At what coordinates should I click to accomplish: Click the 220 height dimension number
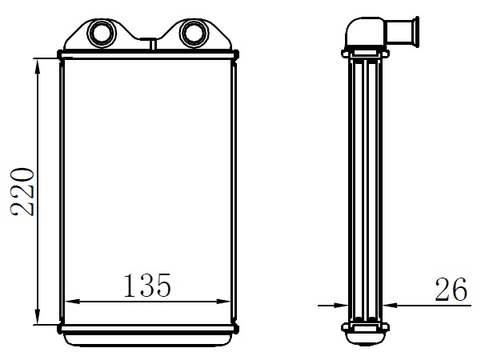click(22, 192)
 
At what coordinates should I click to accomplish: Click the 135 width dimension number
click(147, 285)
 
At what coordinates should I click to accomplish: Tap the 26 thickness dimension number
click(451, 289)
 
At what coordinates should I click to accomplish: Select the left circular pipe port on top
click(102, 33)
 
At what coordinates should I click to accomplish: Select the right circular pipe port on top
click(194, 33)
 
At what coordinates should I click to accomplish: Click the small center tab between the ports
click(153, 43)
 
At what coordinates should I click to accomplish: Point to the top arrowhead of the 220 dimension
click(38, 66)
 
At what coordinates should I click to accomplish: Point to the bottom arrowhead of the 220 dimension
click(38, 316)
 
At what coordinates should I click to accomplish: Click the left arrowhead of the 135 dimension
click(73, 302)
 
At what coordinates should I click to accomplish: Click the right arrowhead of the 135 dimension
click(222, 302)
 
